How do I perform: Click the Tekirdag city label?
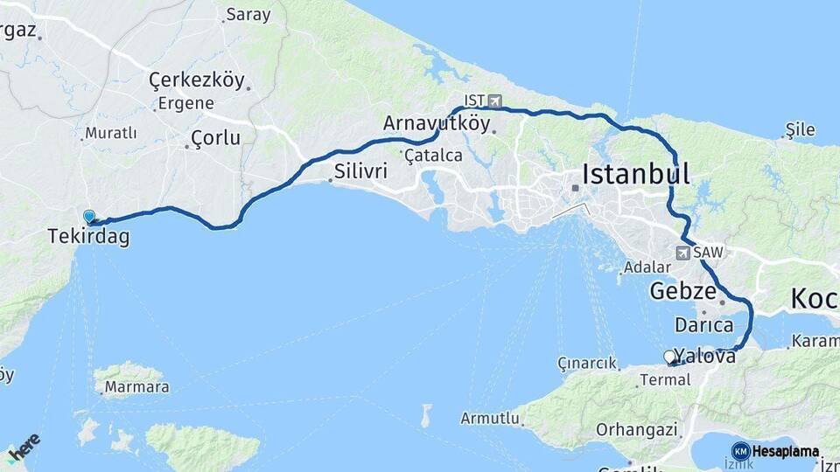pos(87,236)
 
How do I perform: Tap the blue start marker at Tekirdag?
pos(89,217)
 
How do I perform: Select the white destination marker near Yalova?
pos(670,357)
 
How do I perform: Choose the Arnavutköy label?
pos(437,124)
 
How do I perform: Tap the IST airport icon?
pos(496,101)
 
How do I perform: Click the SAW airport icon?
pos(682,253)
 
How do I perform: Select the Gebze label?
pos(683,291)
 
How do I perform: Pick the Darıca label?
pos(704,325)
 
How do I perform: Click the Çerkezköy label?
pos(196,80)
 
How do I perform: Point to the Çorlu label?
pos(215,138)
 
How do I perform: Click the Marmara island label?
pos(136,386)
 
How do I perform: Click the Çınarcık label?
pos(588,364)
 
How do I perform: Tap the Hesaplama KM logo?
pos(775,452)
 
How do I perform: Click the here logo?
pos(24,444)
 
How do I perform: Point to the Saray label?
pos(248,15)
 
